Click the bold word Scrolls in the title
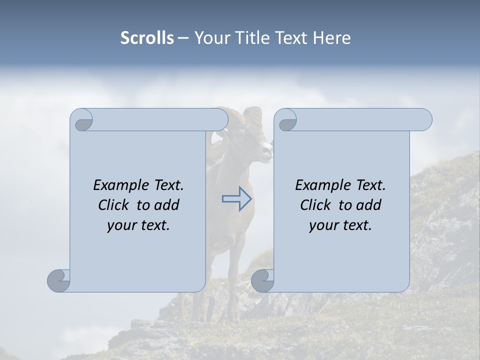click(x=147, y=38)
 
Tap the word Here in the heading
click(x=332, y=38)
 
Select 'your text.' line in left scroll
click(x=138, y=225)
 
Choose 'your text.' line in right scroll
click(x=340, y=225)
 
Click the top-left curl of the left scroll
click(x=82, y=120)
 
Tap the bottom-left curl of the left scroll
click(x=59, y=280)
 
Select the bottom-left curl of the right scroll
click(x=262, y=280)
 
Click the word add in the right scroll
click(x=369, y=205)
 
